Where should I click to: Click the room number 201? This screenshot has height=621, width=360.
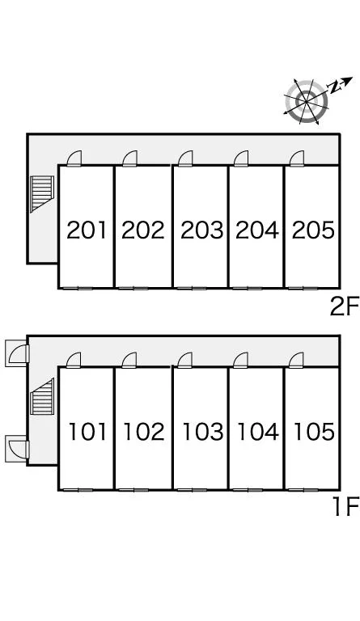pyautogui.click(x=87, y=230)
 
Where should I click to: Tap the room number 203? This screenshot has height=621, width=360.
pyautogui.click(x=201, y=230)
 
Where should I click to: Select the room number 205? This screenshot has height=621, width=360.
pyautogui.click(x=313, y=230)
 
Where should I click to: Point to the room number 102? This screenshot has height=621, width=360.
pyautogui.click(x=143, y=432)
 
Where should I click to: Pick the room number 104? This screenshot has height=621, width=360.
pyautogui.click(x=257, y=432)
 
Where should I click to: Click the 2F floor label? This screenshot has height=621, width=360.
pyautogui.click(x=344, y=307)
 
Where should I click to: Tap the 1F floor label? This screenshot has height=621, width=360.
pyautogui.click(x=345, y=507)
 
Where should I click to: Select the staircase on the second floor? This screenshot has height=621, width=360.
pyautogui.click(x=42, y=194)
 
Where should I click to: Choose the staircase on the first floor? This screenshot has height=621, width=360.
pyautogui.click(x=42, y=397)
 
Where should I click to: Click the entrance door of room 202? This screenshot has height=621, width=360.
pyautogui.click(x=130, y=158)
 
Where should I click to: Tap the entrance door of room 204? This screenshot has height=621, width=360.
pyautogui.click(x=241, y=158)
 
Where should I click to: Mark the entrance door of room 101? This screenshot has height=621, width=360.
pyautogui.click(x=74, y=360)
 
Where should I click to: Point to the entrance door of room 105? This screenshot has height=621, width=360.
pyautogui.click(x=296, y=360)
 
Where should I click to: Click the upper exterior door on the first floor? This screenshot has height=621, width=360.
pyautogui.click(x=18, y=353)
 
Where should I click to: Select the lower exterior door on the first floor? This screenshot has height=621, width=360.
pyautogui.click(x=18, y=449)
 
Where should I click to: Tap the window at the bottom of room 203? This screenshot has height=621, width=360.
pyautogui.click(x=192, y=288)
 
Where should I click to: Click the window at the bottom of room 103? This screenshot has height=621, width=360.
pyautogui.click(x=192, y=490)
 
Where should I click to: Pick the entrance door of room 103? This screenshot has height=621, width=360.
pyautogui.click(x=185, y=360)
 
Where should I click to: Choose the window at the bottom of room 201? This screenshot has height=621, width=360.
pyautogui.click(x=78, y=288)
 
